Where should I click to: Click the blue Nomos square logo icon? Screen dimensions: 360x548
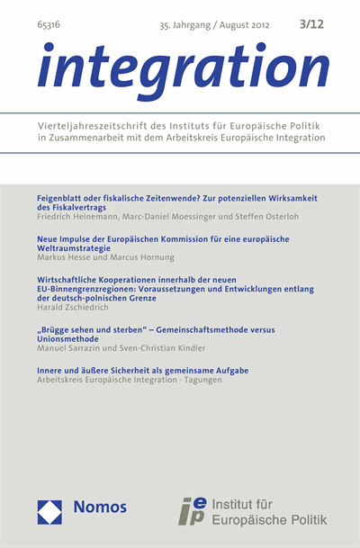tap(49, 512)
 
